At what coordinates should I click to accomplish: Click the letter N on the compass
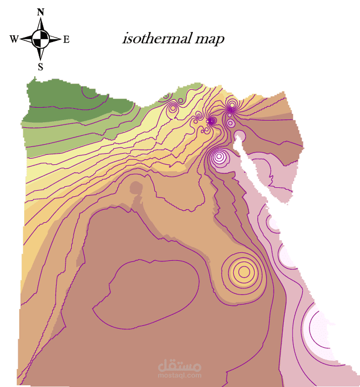(x=40, y=12)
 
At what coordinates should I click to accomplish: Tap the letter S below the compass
(x=40, y=67)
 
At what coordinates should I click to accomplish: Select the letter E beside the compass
(x=66, y=39)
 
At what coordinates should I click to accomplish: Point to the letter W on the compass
(x=14, y=39)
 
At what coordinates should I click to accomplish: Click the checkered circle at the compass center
(x=40, y=39)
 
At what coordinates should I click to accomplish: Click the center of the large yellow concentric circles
(x=243, y=272)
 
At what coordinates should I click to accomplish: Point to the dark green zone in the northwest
(x=67, y=101)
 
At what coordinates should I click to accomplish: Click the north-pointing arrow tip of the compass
(x=40, y=19)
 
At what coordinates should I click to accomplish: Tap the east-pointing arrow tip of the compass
(x=60, y=39)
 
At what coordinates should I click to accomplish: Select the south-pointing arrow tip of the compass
(x=40, y=59)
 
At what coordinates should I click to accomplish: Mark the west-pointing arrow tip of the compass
(x=21, y=39)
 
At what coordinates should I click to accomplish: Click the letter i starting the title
(x=124, y=40)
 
